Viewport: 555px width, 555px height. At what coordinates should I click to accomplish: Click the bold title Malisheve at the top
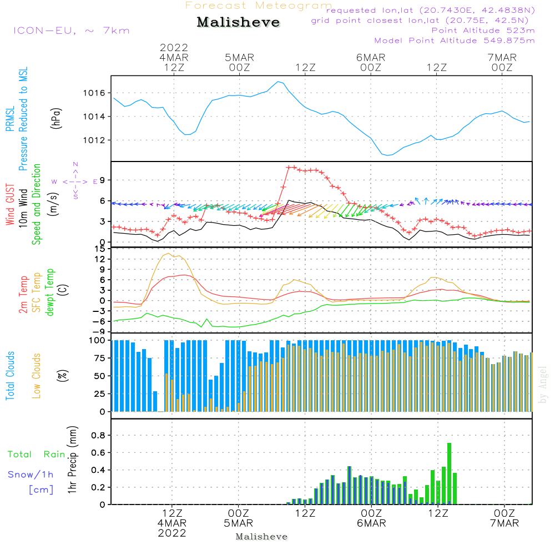pyautogui.click(x=239, y=22)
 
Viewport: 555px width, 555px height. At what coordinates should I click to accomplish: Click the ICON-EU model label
pyautogui.click(x=70, y=30)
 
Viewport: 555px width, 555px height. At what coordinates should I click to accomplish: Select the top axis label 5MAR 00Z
pyautogui.click(x=239, y=63)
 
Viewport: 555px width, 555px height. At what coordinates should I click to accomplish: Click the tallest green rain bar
pyautogui.click(x=449, y=473)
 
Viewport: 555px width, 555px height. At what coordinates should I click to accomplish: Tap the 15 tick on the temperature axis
pyautogui.click(x=100, y=249)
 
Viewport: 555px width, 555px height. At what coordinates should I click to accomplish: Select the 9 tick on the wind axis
pyautogui.click(x=102, y=180)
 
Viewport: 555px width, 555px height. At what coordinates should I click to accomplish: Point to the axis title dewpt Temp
pyautogui.click(x=51, y=292)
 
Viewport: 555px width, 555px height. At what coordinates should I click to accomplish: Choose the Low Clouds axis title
pyautogui.click(x=37, y=375)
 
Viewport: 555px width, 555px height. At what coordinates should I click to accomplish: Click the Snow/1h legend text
pyautogui.click(x=31, y=475)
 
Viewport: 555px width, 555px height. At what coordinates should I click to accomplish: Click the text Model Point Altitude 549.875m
pyautogui.click(x=455, y=41)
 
